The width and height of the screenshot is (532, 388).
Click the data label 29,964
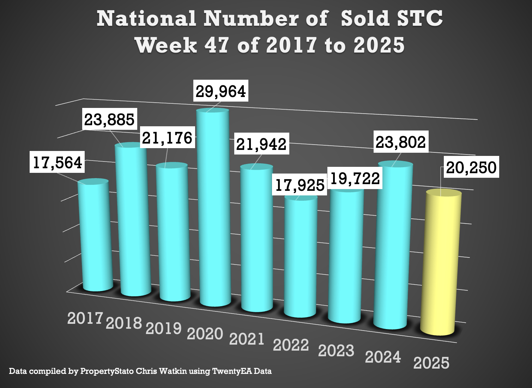221,91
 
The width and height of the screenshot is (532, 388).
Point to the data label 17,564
58,163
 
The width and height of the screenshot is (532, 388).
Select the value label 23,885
109,120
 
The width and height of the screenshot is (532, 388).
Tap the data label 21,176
167,138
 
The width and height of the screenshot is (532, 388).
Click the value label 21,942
261,144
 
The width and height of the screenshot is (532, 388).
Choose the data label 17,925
300,185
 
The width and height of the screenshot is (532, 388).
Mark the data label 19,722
355,178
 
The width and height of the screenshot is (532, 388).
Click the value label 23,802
401,142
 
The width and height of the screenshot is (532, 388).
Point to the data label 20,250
471,167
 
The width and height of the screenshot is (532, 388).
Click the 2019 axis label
164,328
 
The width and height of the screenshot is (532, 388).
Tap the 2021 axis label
247,339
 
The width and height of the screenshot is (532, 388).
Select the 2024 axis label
383,357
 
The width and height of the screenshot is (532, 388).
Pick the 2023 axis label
336,351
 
